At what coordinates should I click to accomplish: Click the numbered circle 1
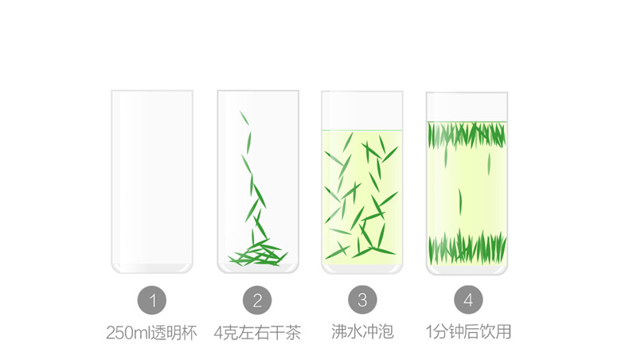pos(152,300)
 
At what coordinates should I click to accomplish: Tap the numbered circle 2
pos(257,300)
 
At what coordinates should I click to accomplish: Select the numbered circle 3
pos(362,300)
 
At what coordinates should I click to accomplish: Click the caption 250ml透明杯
pos(151,332)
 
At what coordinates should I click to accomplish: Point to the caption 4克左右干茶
pos(257,332)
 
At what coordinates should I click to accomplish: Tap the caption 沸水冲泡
pos(362,331)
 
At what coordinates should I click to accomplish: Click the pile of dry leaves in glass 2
pos(257,255)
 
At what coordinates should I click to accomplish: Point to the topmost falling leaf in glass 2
pos(244,118)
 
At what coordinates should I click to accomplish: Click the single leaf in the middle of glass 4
pos(459,198)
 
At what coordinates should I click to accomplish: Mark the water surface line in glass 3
pos(362,131)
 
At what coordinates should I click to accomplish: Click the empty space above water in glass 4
pos(467,107)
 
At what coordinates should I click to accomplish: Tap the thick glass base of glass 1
pos(152,267)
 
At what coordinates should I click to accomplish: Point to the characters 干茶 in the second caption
pos(286,332)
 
